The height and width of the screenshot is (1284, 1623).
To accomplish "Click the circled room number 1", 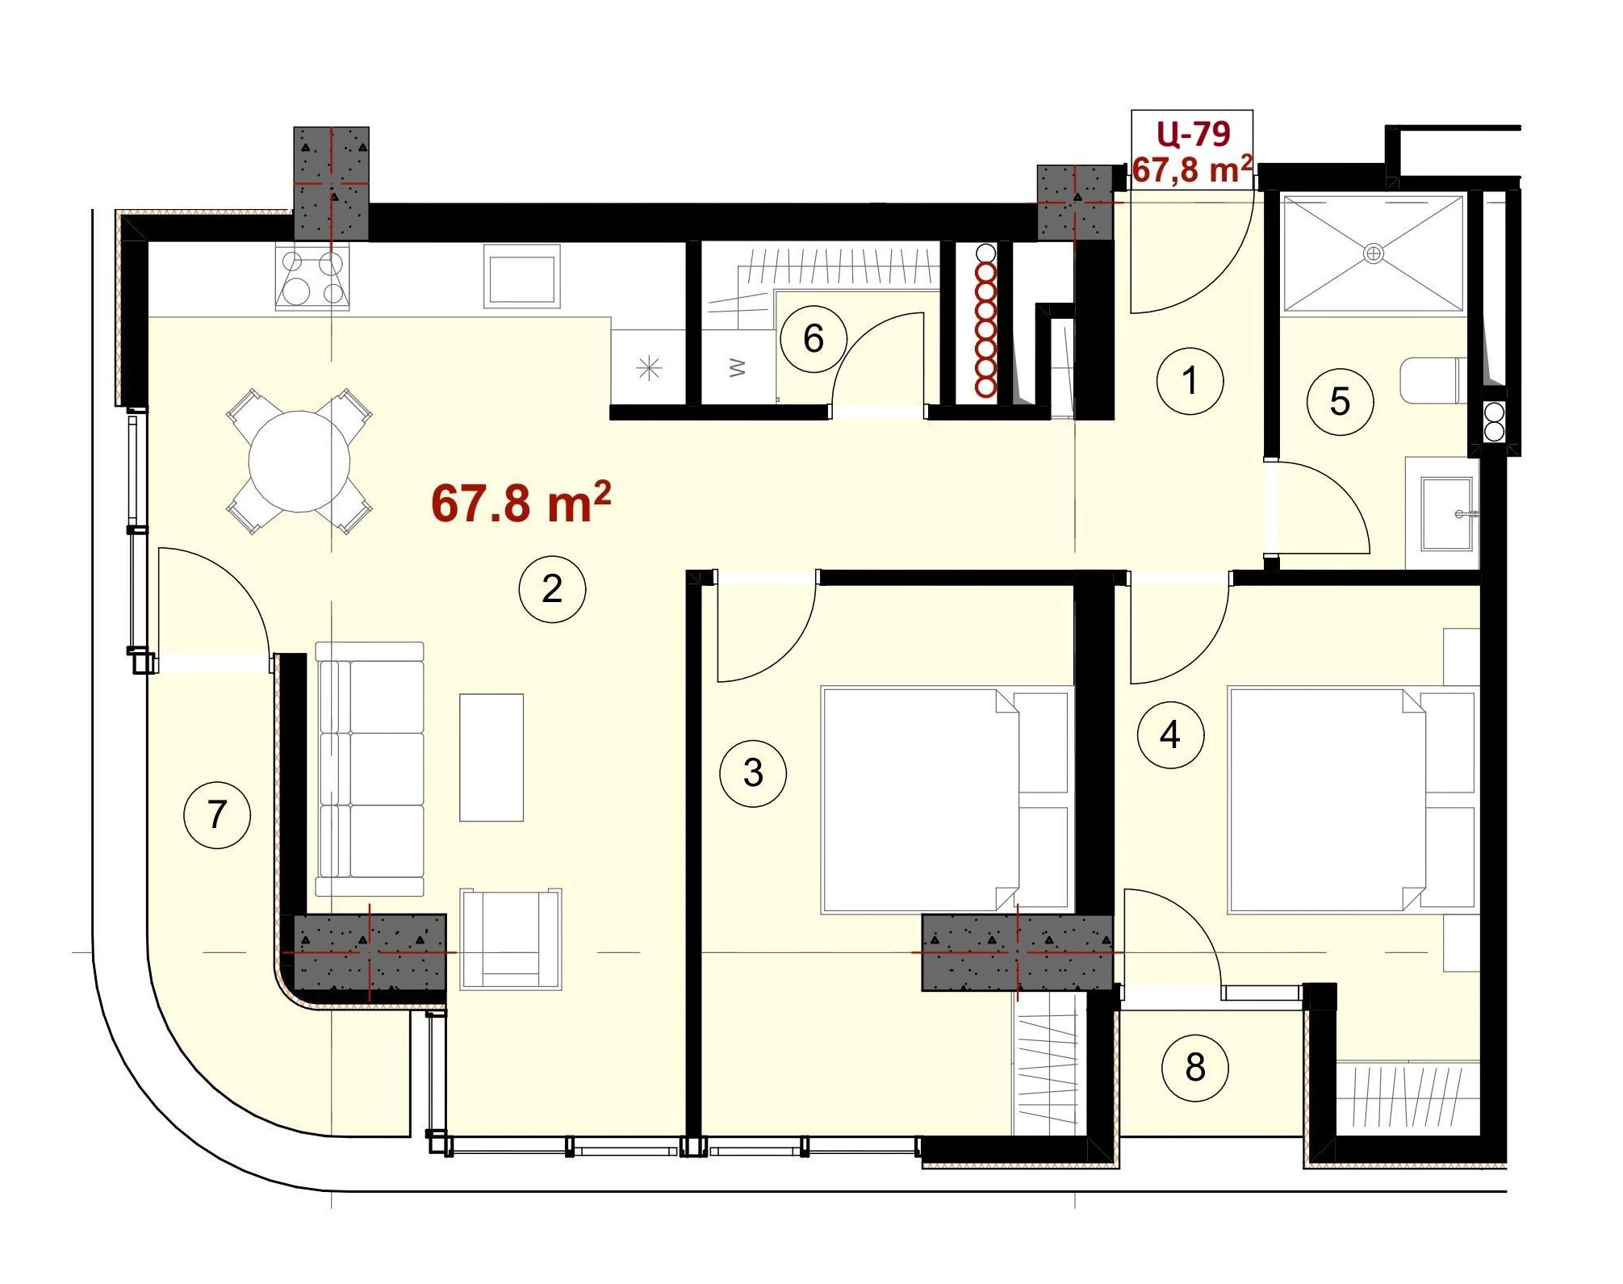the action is click(x=1190, y=380).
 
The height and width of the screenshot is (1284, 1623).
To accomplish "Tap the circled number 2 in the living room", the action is click(x=552, y=588).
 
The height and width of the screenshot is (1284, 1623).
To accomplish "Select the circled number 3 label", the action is click(x=753, y=773).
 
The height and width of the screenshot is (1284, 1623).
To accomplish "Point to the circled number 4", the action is click(x=1170, y=734).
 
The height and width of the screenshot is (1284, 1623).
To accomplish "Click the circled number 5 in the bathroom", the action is click(x=1340, y=401).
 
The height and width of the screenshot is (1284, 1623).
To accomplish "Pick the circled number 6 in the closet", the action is click(x=814, y=338).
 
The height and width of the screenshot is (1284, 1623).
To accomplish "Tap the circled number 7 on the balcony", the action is click(x=217, y=814).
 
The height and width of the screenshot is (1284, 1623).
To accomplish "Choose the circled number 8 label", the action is click(x=1195, y=1068).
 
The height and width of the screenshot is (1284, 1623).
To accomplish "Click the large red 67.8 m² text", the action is click(x=521, y=503).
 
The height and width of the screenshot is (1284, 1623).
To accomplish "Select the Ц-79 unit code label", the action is click(x=1193, y=134).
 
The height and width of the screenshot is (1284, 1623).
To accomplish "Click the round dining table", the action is click(x=299, y=462).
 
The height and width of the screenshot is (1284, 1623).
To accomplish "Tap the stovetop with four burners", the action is click(x=313, y=278).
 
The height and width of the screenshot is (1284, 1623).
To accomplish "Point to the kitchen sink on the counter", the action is click(x=522, y=277).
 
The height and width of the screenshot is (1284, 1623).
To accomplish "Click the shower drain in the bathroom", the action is click(x=1373, y=253).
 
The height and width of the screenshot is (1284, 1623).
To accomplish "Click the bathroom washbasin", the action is click(x=1446, y=513).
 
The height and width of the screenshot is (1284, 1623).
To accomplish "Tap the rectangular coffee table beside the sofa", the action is click(x=492, y=758).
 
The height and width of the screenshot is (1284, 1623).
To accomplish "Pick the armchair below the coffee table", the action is click(x=511, y=939).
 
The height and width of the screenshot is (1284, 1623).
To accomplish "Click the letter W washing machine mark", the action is click(x=737, y=368).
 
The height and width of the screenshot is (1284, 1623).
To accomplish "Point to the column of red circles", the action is click(x=985, y=321).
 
